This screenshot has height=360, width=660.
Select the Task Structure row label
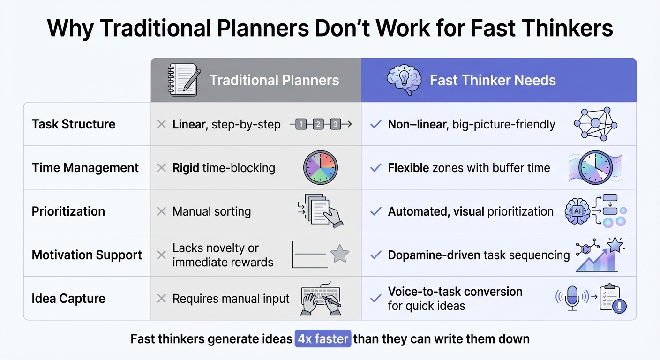click(x=73, y=124)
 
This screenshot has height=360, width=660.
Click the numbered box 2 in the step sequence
click(x=318, y=124)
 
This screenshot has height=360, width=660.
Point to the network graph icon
click(x=595, y=123)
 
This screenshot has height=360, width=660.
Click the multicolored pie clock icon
click(x=320, y=167)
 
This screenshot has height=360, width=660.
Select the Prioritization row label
click(x=68, y=211)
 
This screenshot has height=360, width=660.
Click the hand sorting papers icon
click(x=320, y=211)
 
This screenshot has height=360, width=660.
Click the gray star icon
click(x=340, y=254)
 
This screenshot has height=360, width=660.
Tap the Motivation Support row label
click(x=87, y=255)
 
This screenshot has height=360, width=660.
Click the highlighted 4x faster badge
click(x=323, y=338)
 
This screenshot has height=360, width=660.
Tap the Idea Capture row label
click(x=68, y=299)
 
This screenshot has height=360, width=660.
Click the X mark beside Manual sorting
click(x=162, y=211)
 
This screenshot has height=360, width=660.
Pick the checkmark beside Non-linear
click(x=375, y=125)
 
